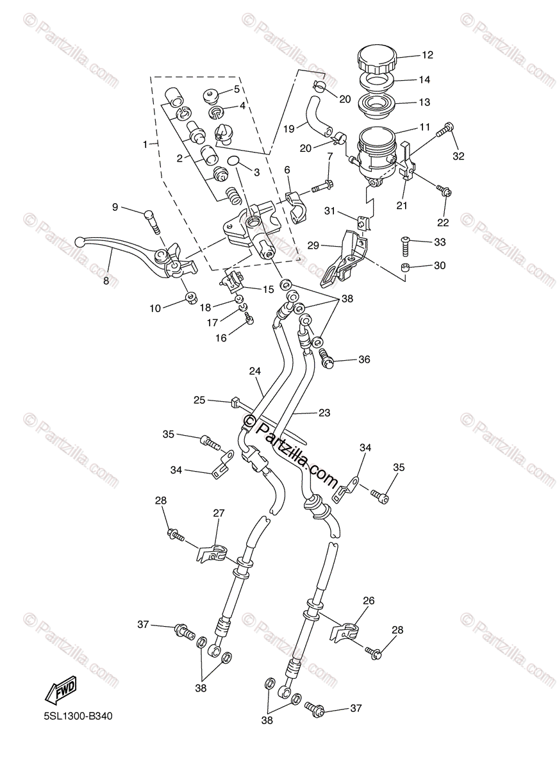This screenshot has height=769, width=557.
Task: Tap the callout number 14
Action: [425, 80]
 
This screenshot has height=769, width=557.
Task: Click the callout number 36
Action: [364, 360]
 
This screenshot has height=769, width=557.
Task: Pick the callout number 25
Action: [200, 400]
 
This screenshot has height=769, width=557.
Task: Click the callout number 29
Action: [313, 245]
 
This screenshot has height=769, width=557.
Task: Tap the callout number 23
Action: [324, 413]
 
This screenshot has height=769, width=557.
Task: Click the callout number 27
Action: [219, 513]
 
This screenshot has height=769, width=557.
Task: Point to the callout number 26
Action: [369, 601]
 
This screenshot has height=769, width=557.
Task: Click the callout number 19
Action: [289, 128]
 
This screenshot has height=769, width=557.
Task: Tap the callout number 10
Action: [156, 308]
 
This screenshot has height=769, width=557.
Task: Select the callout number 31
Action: [330, 211]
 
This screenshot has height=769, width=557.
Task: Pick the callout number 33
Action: [439, 242]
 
